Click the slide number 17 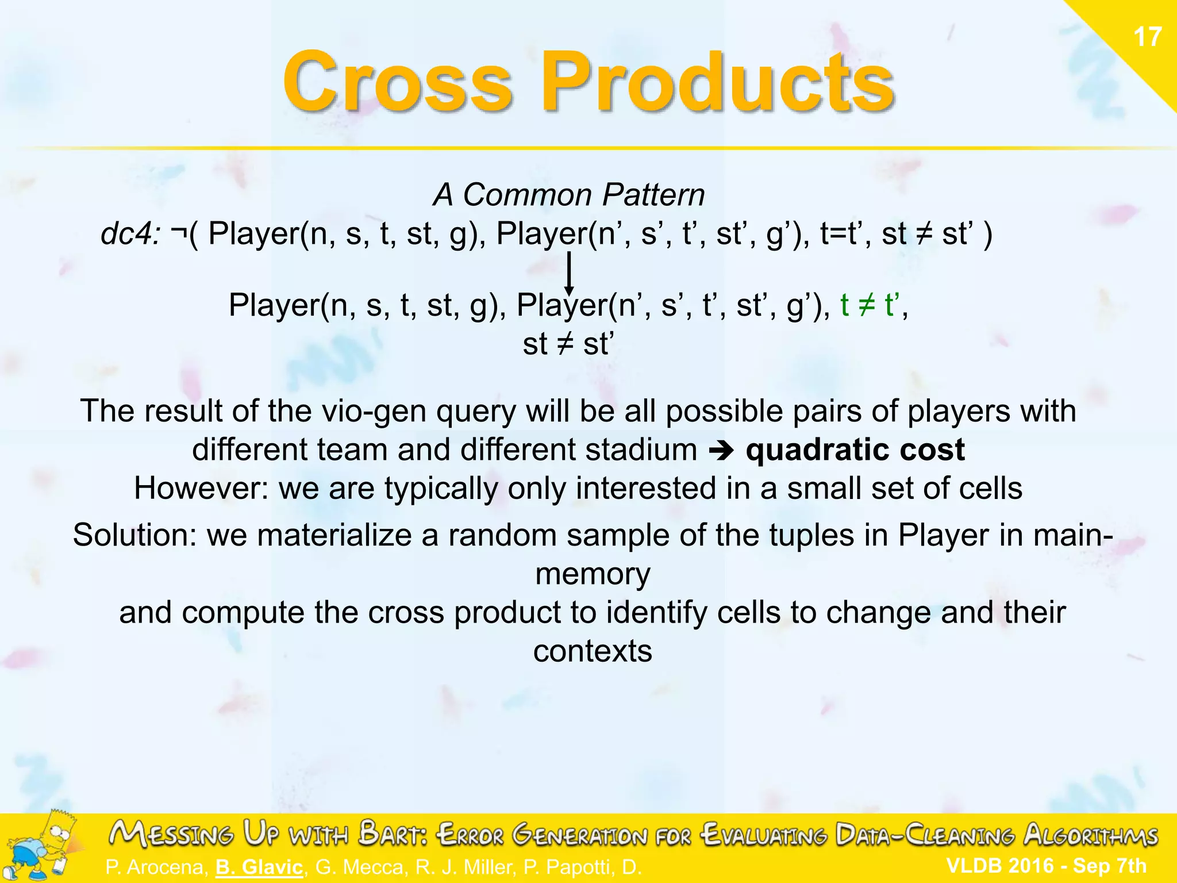(1147, 37)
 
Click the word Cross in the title (397, 82)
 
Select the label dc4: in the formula (130, 234)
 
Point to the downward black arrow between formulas (569, 274)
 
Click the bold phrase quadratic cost (855, 450)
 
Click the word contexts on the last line (593, 651)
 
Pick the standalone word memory (593, 574)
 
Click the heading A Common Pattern (568, 195)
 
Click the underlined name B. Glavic (259, 867)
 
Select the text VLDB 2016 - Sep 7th (1046, 865)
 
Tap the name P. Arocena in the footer (156, 867)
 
